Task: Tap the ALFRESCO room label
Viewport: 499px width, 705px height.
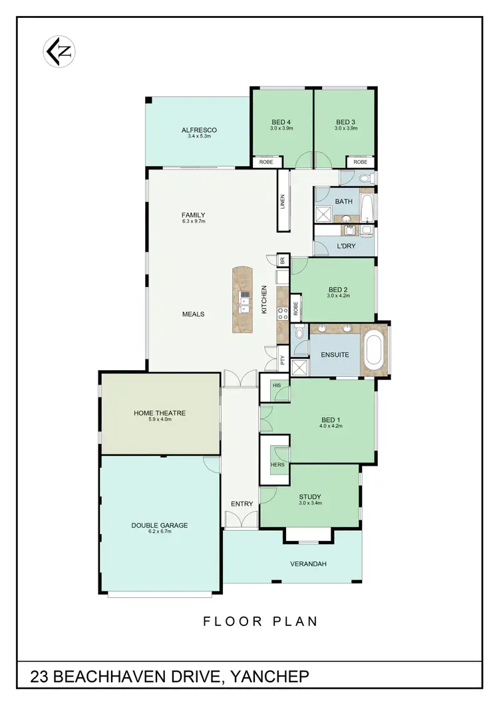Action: [199, 130]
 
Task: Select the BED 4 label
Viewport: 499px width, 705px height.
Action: [281, 122]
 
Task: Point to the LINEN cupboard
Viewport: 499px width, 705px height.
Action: [283, 200]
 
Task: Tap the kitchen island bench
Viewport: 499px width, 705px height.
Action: [244, 300]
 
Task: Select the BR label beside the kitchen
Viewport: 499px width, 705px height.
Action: [282, 261]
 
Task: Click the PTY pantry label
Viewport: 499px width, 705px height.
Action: [283, 360]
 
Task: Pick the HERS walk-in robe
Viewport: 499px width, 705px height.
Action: [277, 464]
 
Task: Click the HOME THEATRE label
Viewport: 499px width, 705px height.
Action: [160, 413]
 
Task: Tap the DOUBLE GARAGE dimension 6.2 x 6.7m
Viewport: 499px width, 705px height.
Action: [160, 532]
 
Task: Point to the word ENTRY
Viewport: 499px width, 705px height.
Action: [242, 504]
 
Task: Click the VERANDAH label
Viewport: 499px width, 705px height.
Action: [307, 564]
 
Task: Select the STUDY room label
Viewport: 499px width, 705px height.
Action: [310, 496]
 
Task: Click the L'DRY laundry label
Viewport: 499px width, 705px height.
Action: [345, 246]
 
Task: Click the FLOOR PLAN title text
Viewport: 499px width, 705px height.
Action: [260, 622]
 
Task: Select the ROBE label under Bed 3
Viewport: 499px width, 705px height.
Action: [360, 162]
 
